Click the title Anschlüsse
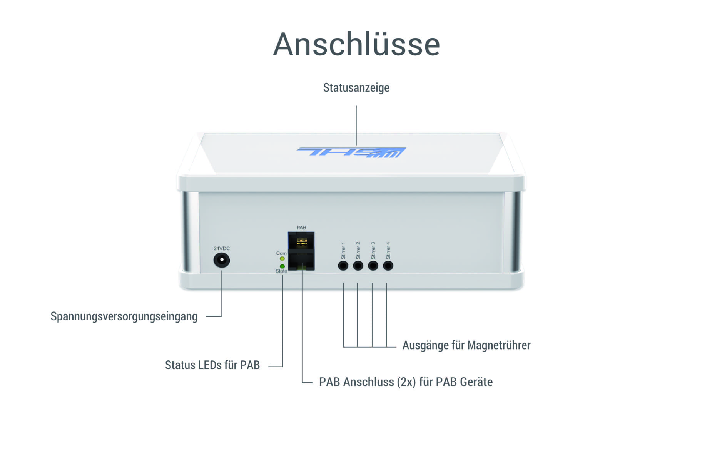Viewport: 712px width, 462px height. (356, 44)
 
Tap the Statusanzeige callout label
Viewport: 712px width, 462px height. (356, 88)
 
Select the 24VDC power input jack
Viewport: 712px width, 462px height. (221, 260)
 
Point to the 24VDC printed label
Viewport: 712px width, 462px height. (222, 249)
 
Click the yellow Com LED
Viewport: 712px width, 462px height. (282, 259)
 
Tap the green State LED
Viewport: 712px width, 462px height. (282, 266)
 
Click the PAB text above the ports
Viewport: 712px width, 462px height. (301, 228)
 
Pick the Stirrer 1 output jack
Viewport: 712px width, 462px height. (343, 266)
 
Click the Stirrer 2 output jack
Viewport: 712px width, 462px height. (358, 266)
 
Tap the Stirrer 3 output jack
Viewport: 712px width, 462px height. (373, 266)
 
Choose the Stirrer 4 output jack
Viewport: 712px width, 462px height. (388, 266)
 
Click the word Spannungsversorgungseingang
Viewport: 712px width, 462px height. (124, 316)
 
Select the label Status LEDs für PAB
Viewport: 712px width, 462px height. (212, 365)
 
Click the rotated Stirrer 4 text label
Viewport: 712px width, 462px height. (388, 250)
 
